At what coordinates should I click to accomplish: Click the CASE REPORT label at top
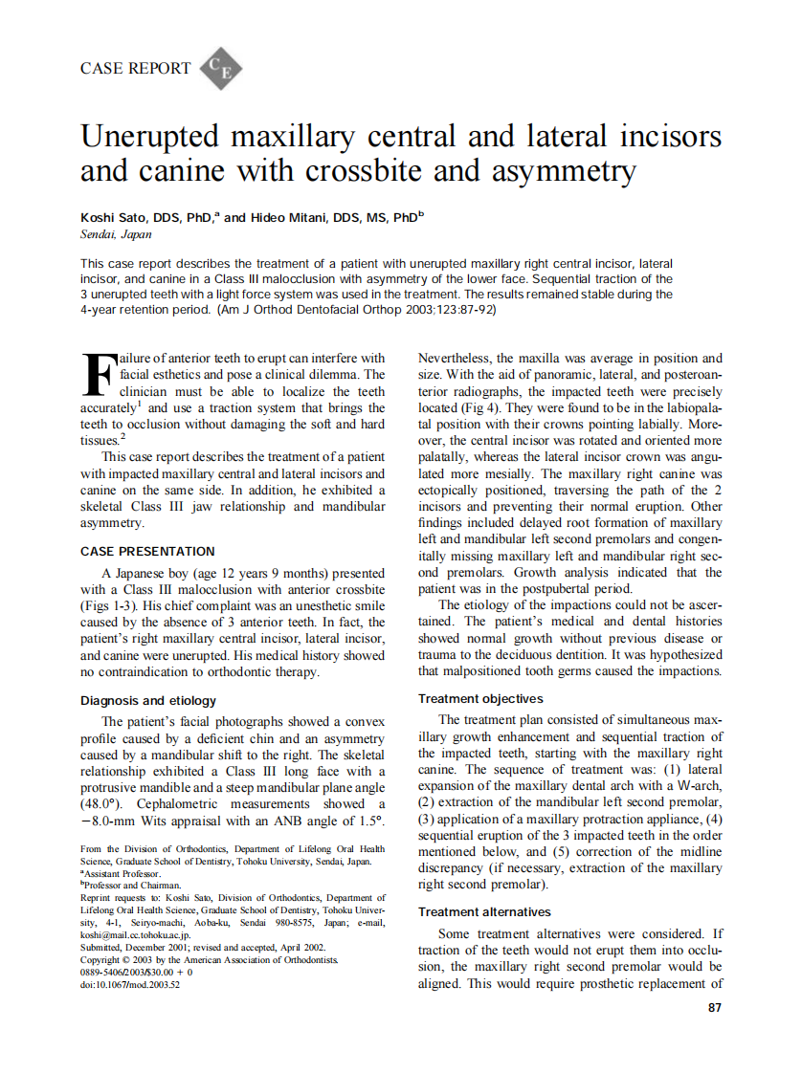coord(135,69)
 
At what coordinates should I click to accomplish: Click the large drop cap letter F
coord(99,375)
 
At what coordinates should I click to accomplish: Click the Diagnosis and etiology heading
coord(148,701)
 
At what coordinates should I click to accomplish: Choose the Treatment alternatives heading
coord(484,912)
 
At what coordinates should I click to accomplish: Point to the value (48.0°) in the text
coord(103,804)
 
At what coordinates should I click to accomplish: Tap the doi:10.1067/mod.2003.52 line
coord(131,984)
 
